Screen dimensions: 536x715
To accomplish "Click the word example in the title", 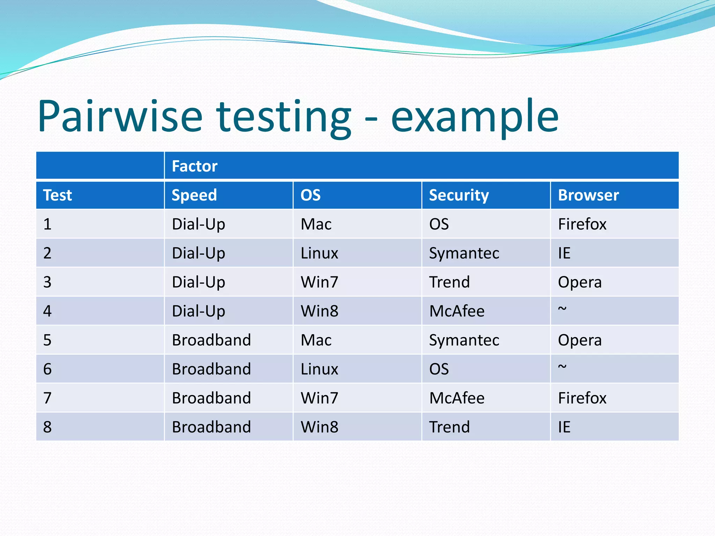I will coord(475,117).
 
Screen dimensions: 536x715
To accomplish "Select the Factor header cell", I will coord(194,166).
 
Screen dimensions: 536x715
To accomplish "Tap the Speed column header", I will coord(194,195).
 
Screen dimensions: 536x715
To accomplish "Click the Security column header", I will coord(459,195).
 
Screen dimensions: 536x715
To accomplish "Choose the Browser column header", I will coord(588,195).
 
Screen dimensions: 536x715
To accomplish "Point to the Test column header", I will coord(58,195).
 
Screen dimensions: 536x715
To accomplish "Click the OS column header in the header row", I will coord(310,195).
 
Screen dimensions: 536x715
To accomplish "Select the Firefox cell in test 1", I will coord(582,224).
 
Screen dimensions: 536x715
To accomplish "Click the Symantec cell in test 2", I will coord(464,253).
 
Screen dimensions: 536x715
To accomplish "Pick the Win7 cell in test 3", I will coord(319,282).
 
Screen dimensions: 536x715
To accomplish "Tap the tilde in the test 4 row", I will coord(562,309).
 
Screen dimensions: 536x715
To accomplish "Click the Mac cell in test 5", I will coord(316,340).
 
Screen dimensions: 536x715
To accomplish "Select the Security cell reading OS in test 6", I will coord(439,369).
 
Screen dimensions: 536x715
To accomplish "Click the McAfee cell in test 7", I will coord(457,398).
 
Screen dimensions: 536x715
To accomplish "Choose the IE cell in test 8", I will coord(564,427).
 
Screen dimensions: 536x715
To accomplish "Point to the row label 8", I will coord(47,427).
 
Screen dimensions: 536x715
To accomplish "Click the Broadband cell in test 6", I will coord(211,369).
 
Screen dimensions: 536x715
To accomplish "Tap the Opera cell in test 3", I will coord(580,282).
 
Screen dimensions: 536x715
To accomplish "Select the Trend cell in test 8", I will coord(449,427).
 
